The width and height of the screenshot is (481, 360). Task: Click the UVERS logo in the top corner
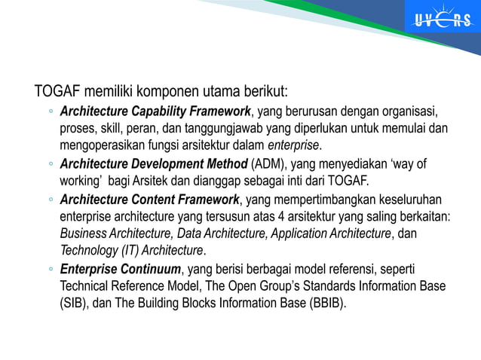click(x=442, y=20)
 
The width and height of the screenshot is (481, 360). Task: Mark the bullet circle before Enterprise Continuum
click(x=50, y=269)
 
